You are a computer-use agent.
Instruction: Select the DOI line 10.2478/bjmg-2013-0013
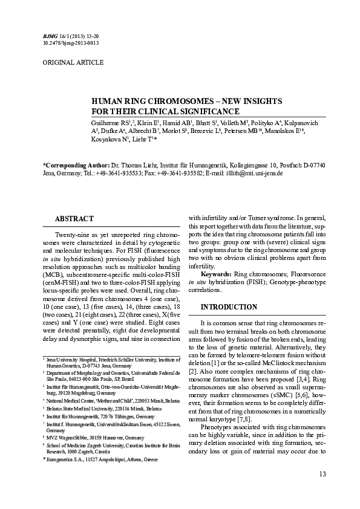[71, 44]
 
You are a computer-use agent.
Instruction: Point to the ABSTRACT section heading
[74, 219]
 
